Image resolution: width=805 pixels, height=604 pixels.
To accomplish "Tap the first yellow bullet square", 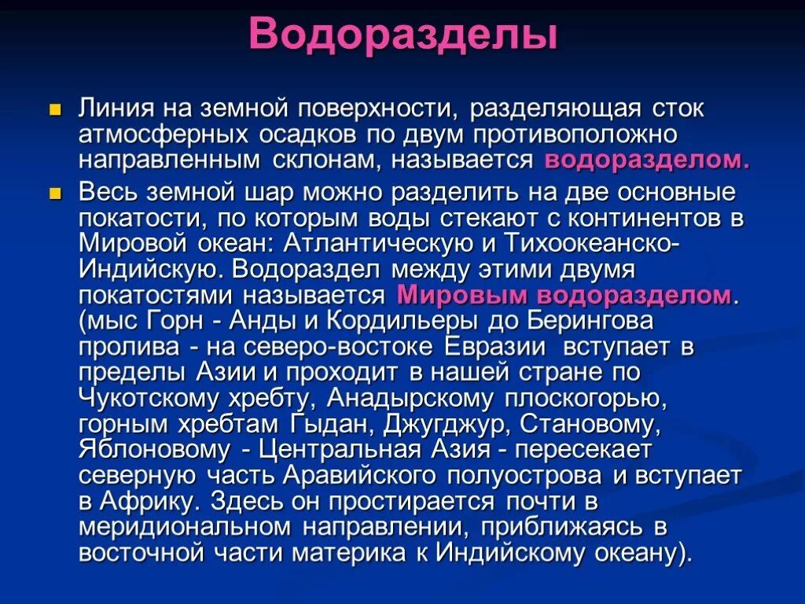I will point(54,109).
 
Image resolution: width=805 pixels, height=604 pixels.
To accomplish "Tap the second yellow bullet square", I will point(54,193).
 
